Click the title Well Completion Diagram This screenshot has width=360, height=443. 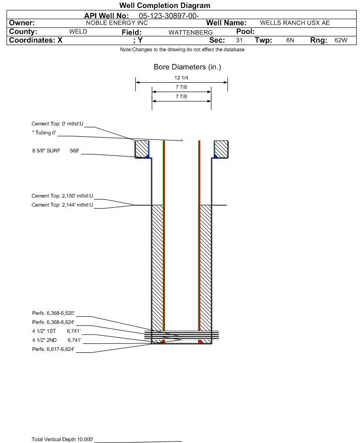[x=164, y=6]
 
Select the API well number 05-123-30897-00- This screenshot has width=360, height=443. [x=172, y=16]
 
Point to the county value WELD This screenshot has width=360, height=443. [x=78, y=32]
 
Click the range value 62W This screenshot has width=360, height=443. [x=341, y=41]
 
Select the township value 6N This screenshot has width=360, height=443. [x=290, y=41]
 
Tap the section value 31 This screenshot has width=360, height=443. [x=239, y=41]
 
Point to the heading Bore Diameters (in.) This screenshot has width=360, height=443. [x=187, y=67]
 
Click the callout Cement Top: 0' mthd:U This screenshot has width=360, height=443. [x=57, y=124]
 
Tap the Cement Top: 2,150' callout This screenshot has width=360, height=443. [x=63, y=196]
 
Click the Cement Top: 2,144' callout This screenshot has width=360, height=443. [x=63, y=205]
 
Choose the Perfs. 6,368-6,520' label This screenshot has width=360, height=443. [x=53, y=313]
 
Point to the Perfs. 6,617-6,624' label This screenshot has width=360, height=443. [x=53, y=349]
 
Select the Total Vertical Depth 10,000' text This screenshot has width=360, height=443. [x=63, y=439]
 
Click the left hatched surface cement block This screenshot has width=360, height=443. [x=141, y=149]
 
